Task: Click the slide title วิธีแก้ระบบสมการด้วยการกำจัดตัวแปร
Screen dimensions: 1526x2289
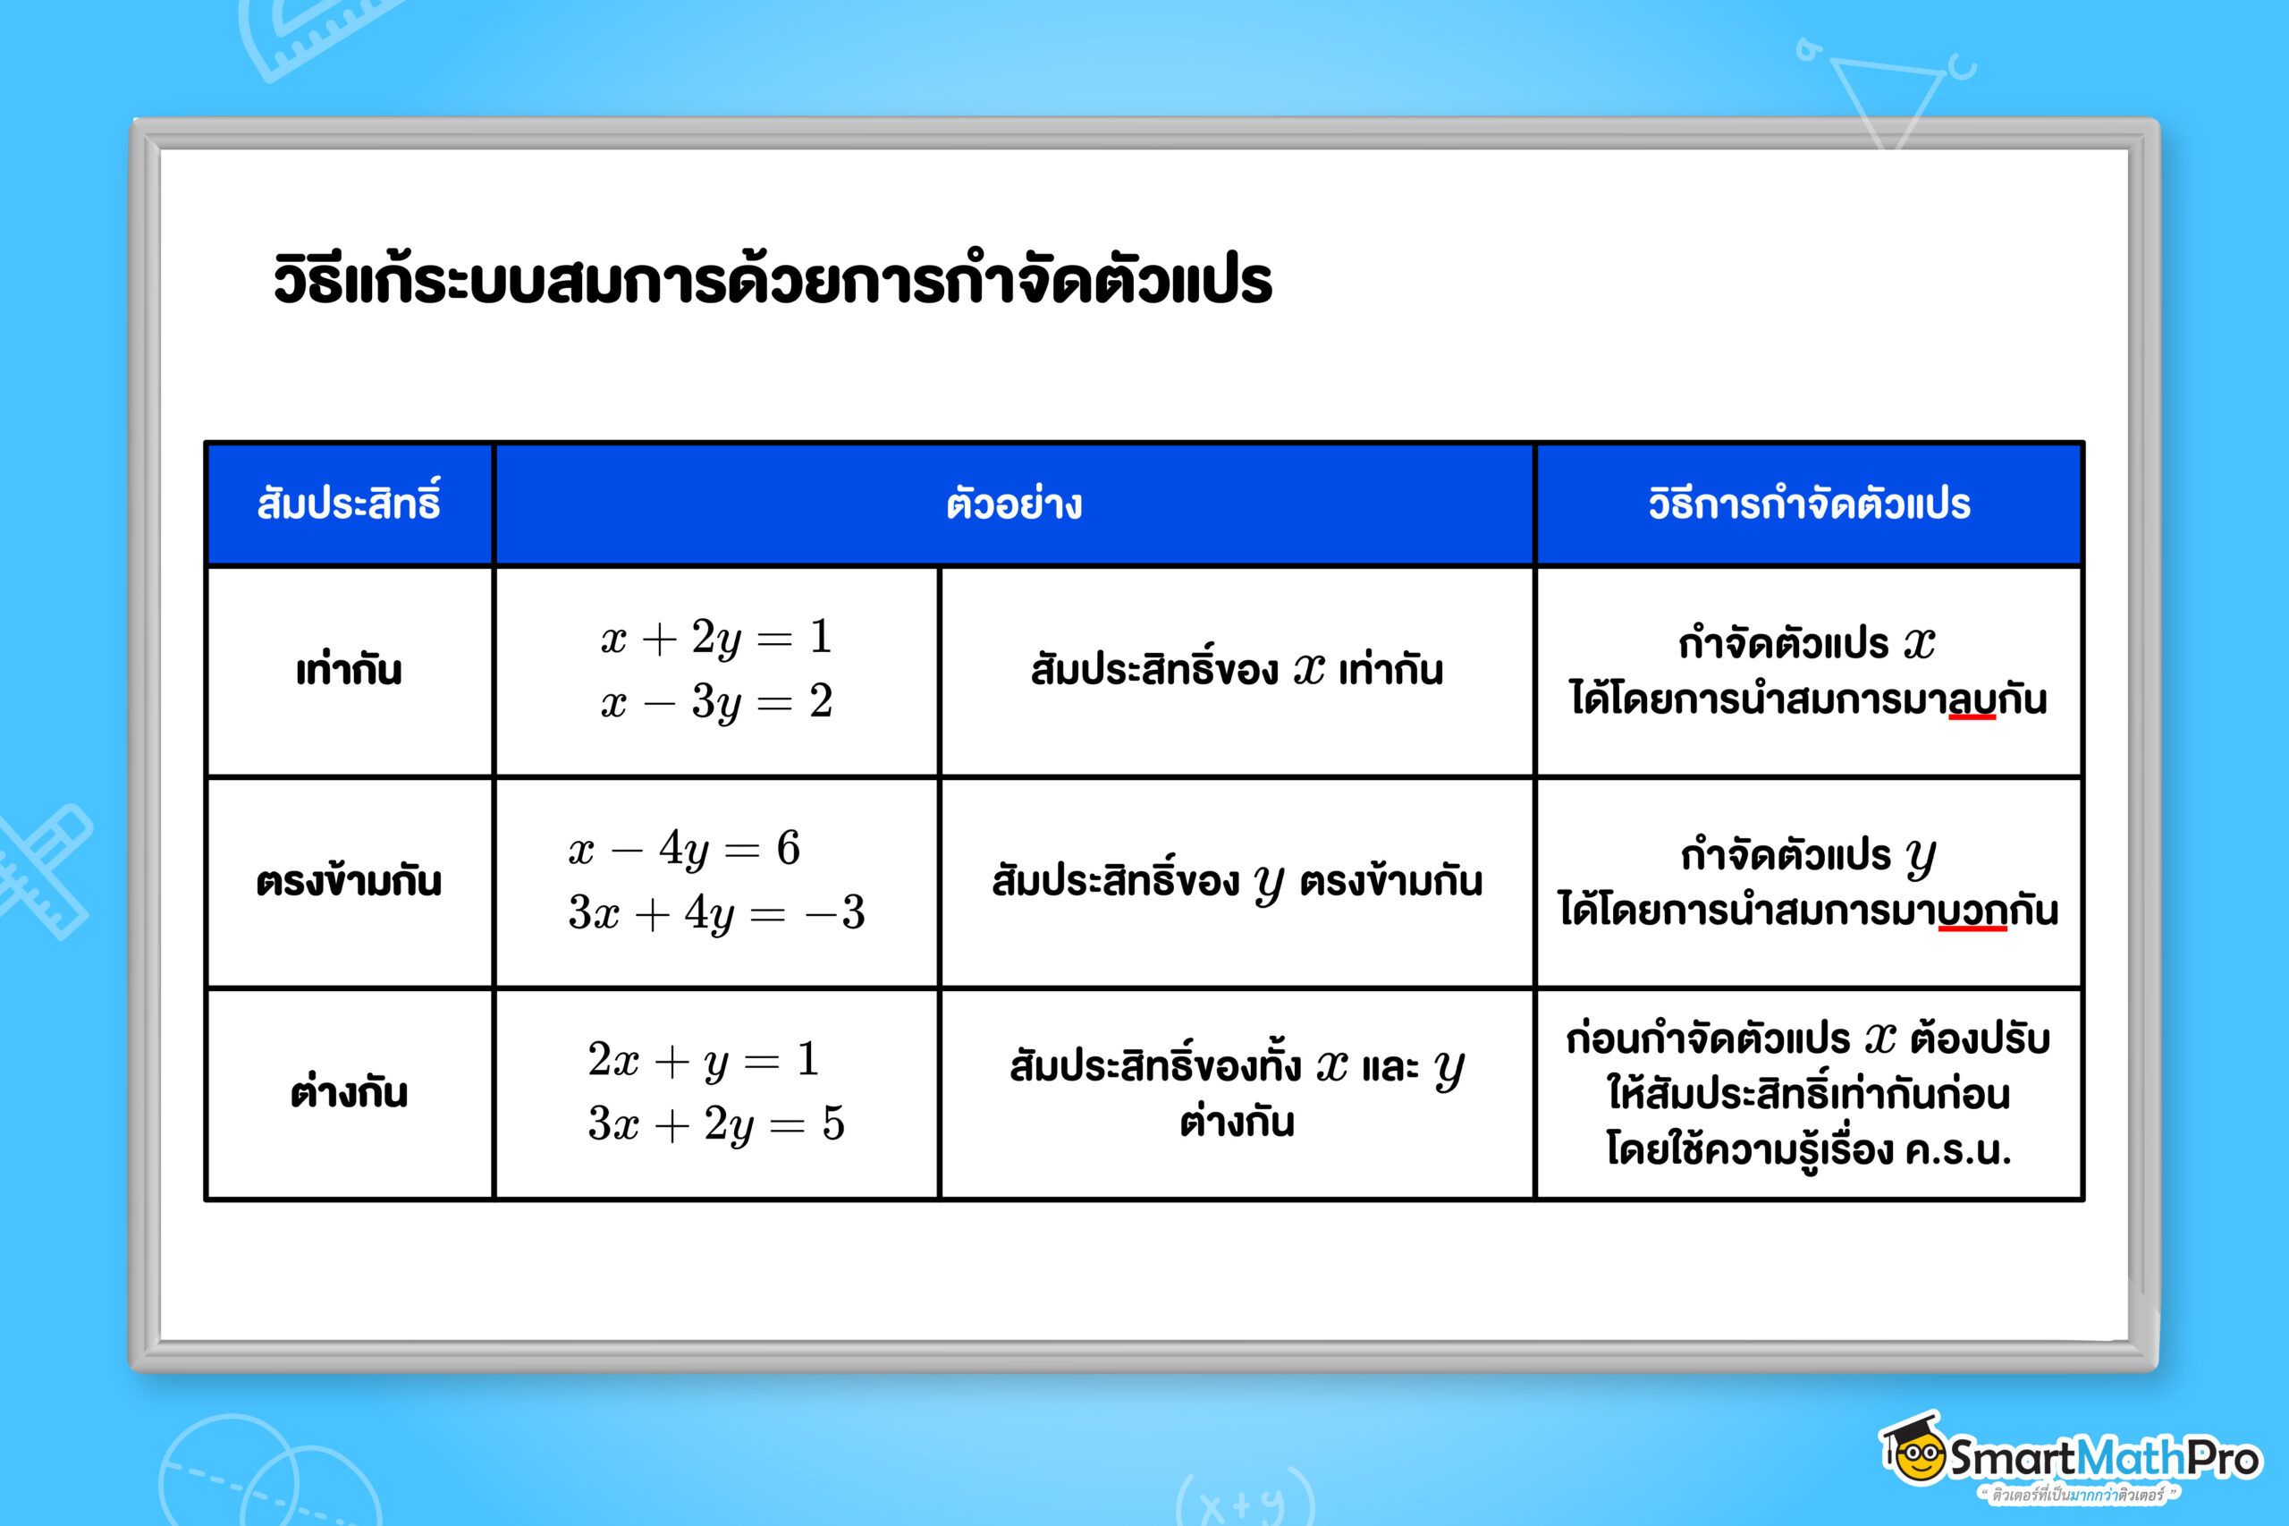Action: [772, 280]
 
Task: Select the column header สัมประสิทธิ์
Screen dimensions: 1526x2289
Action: [348, 504]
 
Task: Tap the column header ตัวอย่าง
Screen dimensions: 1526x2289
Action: [1014, 504]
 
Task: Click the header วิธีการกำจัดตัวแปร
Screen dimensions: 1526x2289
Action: [1809, 504]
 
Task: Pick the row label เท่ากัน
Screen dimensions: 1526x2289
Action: [348, 671]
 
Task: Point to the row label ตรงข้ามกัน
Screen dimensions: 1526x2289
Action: [348, 882]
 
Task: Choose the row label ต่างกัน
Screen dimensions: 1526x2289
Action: [348, 1093]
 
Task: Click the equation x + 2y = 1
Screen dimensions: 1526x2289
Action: [716, 638]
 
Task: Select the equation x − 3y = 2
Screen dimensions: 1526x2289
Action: [716, 701]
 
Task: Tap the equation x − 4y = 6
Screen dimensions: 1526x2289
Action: [685, 849]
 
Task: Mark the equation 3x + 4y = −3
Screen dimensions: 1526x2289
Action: [716, 913]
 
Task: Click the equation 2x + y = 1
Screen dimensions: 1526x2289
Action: [703, 1060]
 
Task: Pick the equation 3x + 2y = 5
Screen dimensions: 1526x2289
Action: [716, 1124]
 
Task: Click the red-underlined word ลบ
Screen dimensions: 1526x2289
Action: [1972, 699]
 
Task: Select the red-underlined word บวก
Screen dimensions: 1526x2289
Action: [1972, 911]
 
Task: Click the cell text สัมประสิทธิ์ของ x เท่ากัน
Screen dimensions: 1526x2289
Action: [1237, 671]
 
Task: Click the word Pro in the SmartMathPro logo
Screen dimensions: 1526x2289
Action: [2224, 1459]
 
